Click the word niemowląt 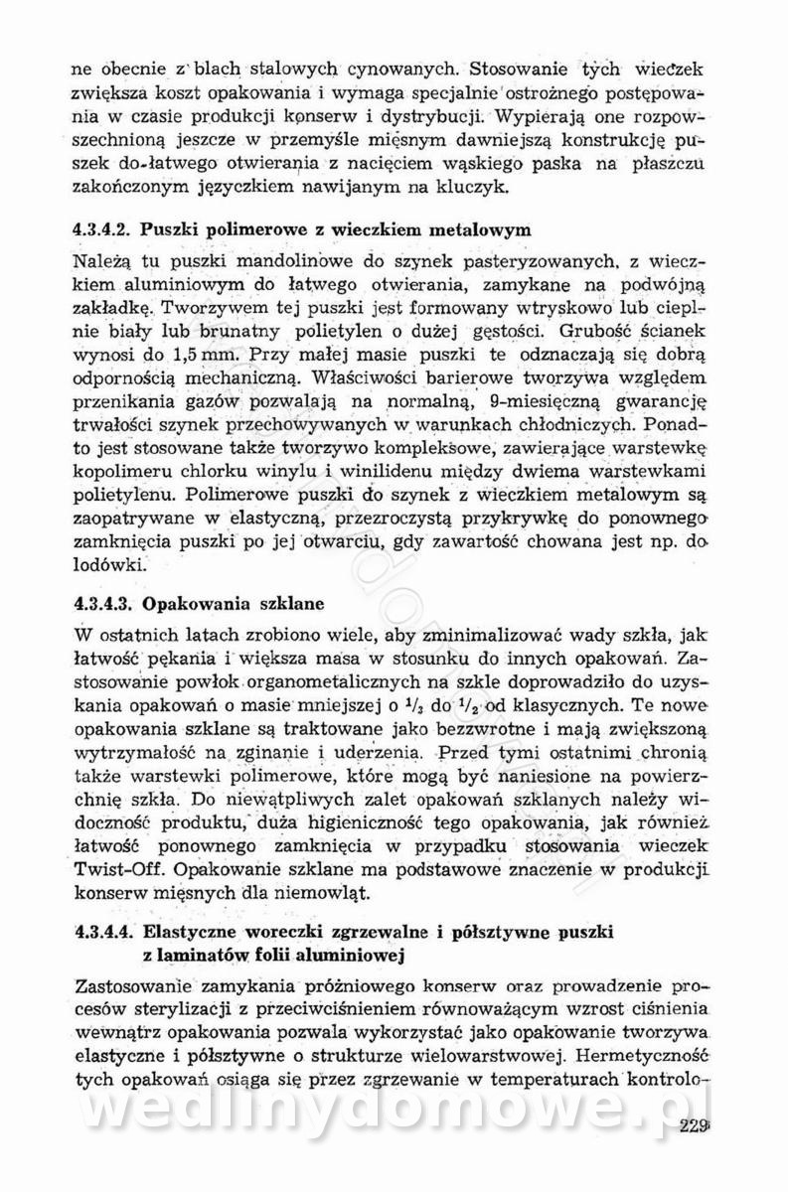317,894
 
